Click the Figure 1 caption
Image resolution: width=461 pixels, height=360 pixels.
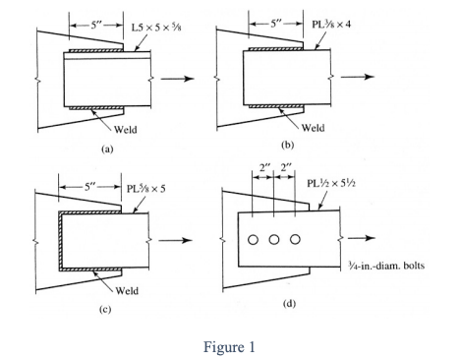coord(228,345)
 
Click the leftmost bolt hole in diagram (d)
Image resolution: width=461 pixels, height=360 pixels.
coord(254,240)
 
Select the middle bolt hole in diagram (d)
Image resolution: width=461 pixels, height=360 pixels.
coord(274,240)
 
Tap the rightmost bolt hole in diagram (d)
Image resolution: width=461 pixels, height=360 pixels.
coord(295,240)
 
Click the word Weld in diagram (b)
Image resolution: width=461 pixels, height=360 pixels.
coord(314,126)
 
